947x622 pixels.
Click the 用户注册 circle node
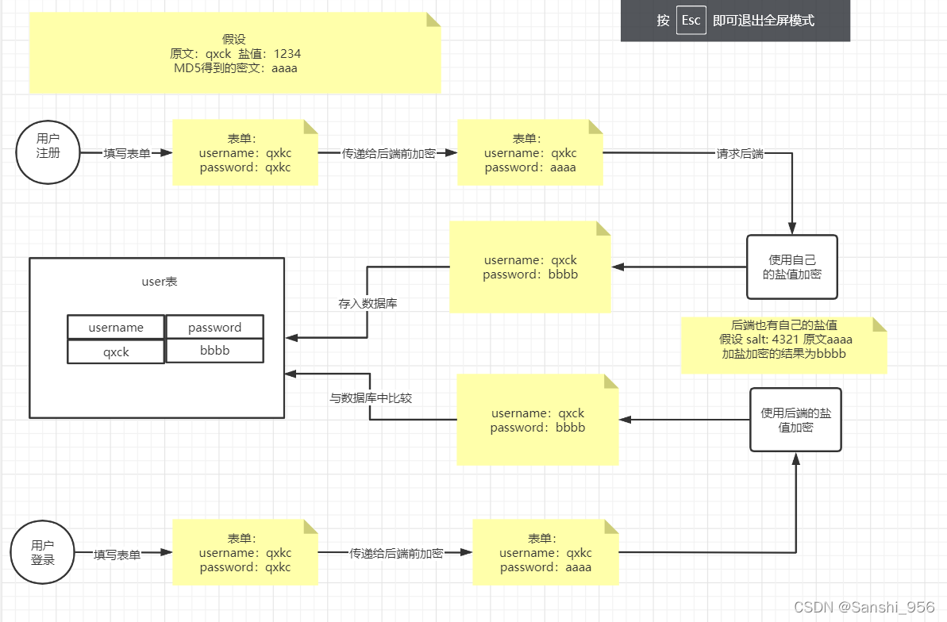coord(48,152)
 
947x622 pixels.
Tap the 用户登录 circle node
coord(42,552)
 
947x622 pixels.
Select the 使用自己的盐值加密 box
coord(791,267)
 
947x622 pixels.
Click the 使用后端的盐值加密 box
coord(795,420)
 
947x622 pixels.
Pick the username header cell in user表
coord(116,328)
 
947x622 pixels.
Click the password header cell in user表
coord(214,328)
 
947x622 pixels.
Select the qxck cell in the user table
coord(116,351)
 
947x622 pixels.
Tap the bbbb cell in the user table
coord(214,351)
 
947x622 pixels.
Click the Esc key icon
coord(691,21)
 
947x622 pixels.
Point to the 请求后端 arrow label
coord(740,154)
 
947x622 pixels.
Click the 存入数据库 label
coord(368,303)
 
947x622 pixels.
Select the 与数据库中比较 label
coord(371,398)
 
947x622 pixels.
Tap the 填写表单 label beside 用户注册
coord(127,154)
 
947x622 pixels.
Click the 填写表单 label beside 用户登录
coord(117,555)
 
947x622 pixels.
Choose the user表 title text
coord(160,282)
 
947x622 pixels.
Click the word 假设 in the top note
coord(236,40)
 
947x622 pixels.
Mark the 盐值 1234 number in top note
coord(287,54)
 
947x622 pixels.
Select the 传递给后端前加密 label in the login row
coord(396,554)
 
